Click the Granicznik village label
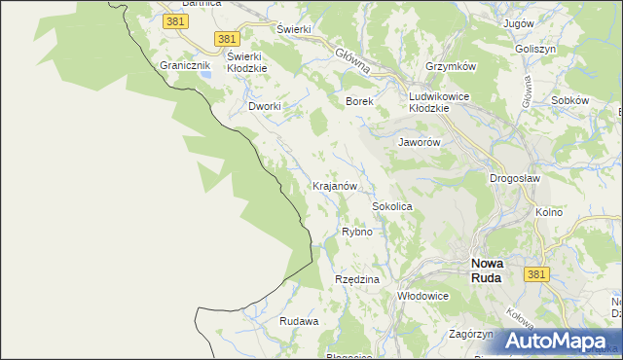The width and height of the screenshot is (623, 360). point(185,65)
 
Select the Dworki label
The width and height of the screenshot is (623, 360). point(265,106)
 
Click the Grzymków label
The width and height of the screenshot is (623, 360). point(450,66)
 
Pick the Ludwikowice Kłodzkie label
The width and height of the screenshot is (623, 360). point(441,102)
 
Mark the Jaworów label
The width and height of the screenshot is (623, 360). point(421,142)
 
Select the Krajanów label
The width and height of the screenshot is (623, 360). point(336,185)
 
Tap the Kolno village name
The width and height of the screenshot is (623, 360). point(549,211)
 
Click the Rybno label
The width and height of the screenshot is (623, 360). point(357,232)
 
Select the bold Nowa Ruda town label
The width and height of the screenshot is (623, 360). point(486,270)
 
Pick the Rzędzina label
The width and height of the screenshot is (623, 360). point(356,279)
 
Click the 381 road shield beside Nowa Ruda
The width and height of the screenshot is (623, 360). point(536,275)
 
